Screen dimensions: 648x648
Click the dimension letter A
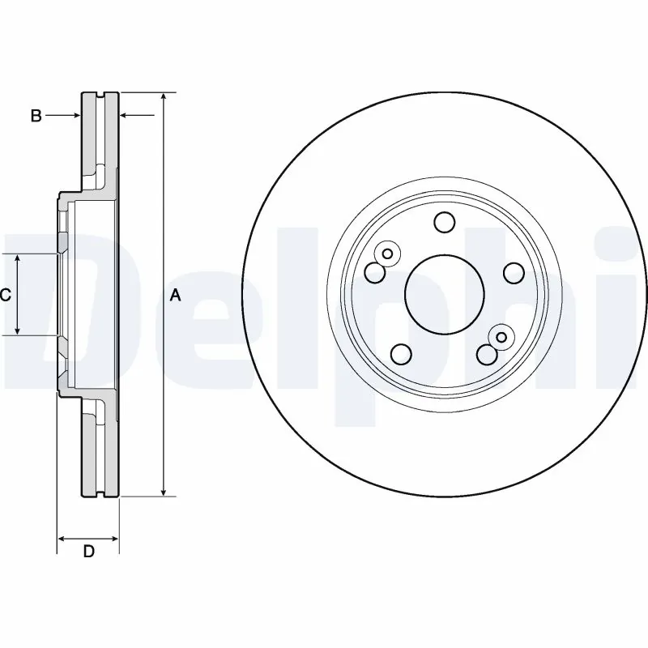[x=175, y=296]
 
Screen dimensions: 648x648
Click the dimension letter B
[x=36, y=117]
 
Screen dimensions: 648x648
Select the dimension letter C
[x=5, y=296]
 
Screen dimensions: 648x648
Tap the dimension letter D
[x=89, y=552]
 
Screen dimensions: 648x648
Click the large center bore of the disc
[x=444, y=294]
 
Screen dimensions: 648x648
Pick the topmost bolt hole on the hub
[x=444, y=221]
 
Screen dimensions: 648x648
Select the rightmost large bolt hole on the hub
[x=513, y=273]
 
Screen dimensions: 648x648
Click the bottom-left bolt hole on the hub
[x=401, y=354]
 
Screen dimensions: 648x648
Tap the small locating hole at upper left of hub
[x=387, y=254]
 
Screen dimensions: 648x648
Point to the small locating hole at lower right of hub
[x=501, y=337]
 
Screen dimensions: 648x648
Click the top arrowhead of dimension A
[x=164, y=97]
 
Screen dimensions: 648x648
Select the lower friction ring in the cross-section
[x=100, y=454]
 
